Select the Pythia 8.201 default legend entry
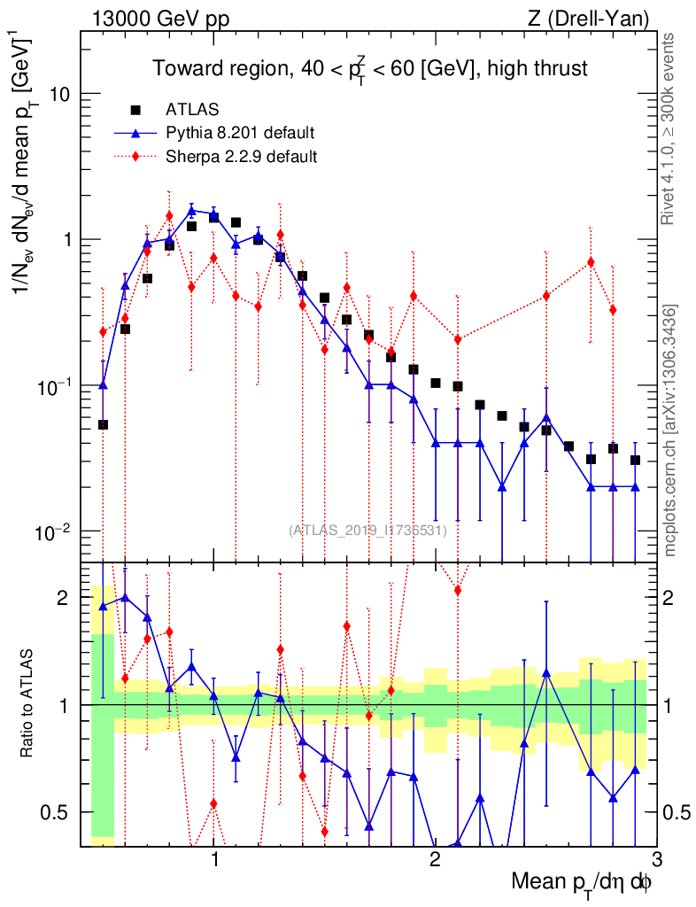[240, 134]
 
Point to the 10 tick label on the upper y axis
[58, 94]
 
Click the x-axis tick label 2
[435, 860]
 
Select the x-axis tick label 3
[655, 860]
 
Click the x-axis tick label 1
[214, 860]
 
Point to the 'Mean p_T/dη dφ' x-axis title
[582, 883]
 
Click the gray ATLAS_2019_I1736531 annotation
[367, 530]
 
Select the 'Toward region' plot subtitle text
[369, 69]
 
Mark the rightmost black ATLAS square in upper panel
[635, 460]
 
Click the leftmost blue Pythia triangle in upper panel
[103, 384]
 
